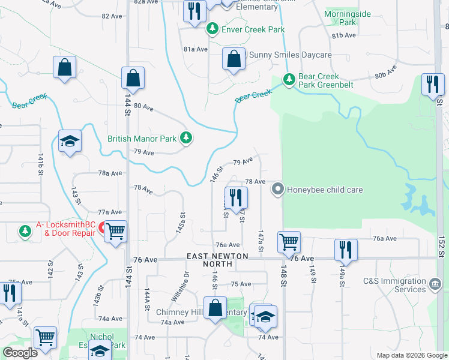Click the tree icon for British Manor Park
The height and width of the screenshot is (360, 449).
click(186, 139)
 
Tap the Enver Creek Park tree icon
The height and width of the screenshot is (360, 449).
click(212, 28)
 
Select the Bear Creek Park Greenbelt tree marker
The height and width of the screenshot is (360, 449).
click(289, 79)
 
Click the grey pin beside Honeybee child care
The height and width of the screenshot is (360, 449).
click(277, 190)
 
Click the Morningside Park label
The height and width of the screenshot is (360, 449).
click(348, 17)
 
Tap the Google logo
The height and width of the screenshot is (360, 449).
click(20, 353)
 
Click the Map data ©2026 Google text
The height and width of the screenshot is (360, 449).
click(412, 355)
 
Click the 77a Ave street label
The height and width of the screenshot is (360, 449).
click(110, 212)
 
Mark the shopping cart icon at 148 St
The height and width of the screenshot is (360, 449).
click(289, 242)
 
